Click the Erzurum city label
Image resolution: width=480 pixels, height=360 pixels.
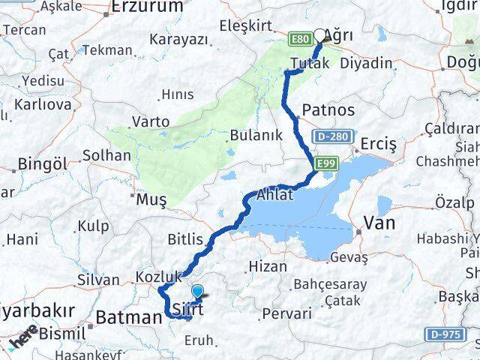[146, 7]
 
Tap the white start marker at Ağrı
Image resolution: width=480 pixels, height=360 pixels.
[320, 34]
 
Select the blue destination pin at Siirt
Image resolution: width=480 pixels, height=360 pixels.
[197, 292]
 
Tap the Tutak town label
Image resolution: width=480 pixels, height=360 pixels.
[310, 64]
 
